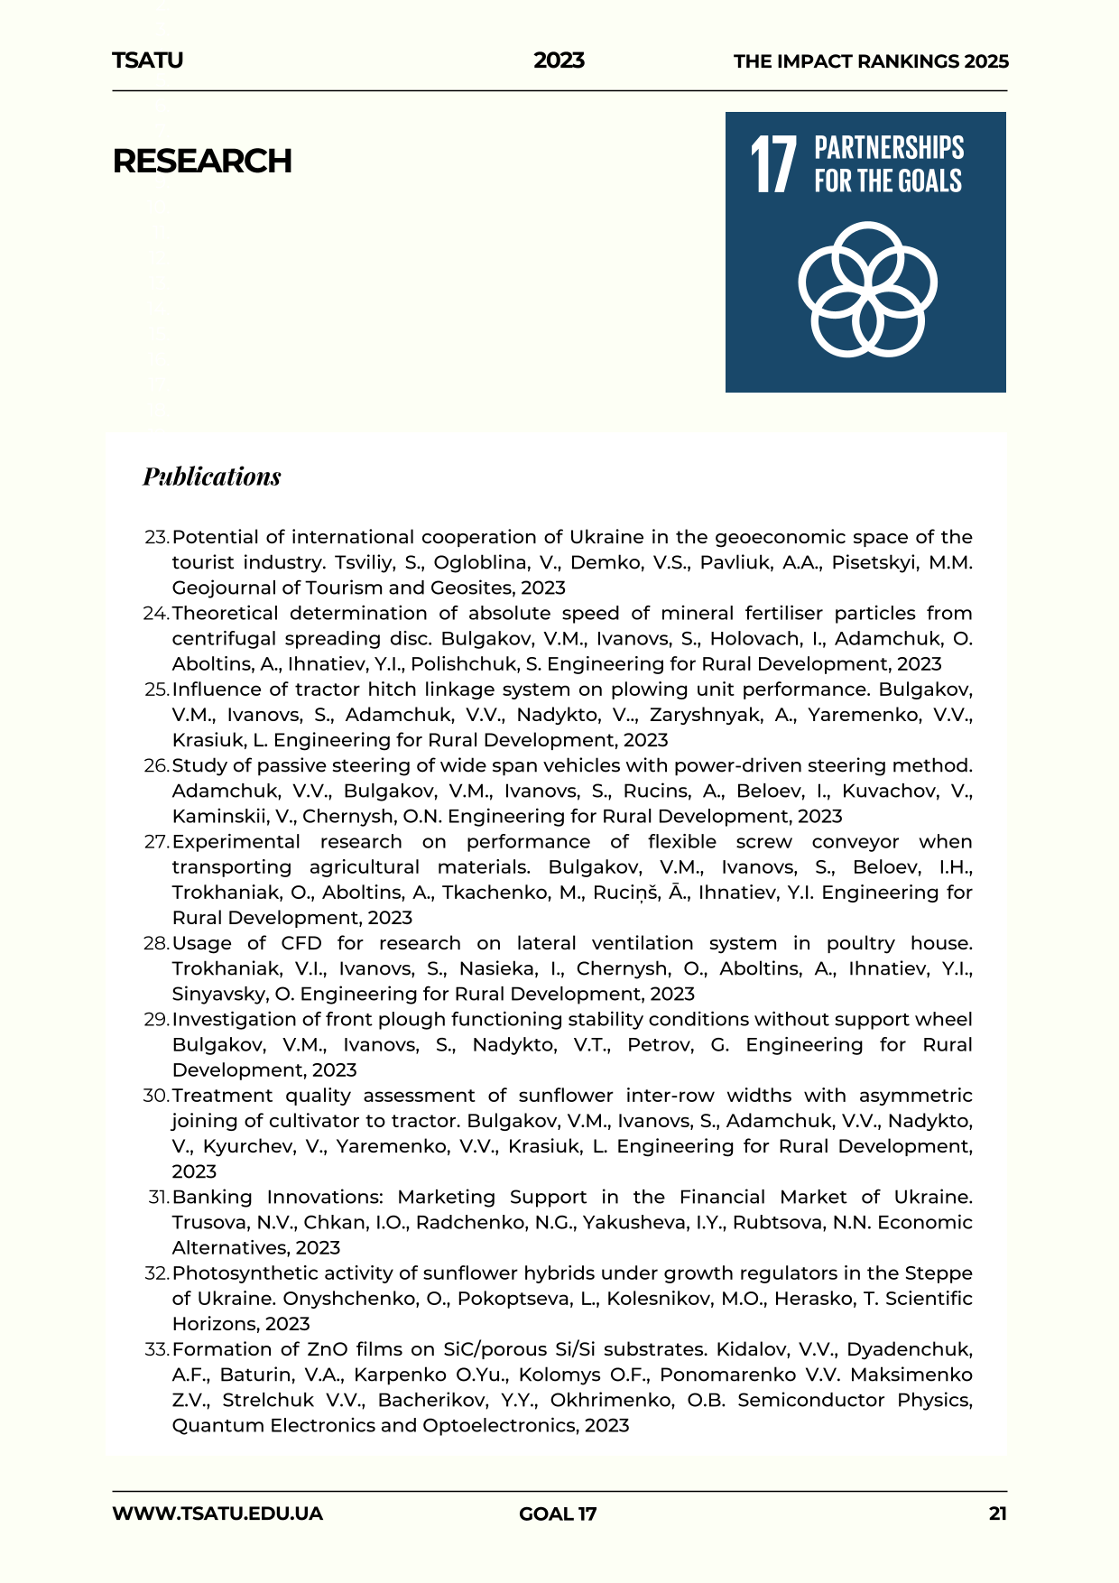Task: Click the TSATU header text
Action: (147, 60)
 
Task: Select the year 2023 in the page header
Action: (559, 60)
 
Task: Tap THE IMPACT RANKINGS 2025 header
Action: (871, 61)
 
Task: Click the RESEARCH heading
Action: (202, 162)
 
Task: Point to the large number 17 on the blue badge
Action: (773, 165)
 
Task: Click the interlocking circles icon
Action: (866, 289)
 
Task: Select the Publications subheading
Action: (212, 477)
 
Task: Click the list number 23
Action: (156, 537)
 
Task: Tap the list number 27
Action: (156, 842)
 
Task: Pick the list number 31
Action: (158, 1198)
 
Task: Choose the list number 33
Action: (156, 1350)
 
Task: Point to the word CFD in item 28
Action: (301, 943)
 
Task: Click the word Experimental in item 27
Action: (236, 842)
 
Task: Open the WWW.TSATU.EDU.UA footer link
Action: (217, 1514)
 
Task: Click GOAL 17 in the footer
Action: (558, 1514)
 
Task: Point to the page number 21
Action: (997, 1514)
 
